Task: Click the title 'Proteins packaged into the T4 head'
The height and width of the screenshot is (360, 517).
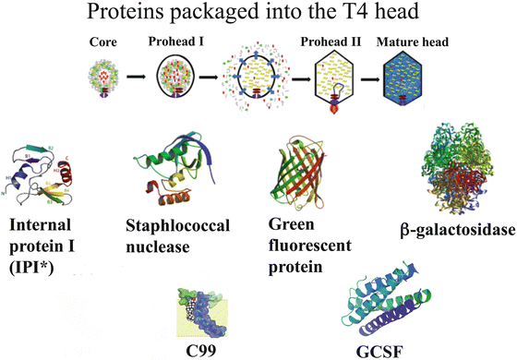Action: point(258,15)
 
